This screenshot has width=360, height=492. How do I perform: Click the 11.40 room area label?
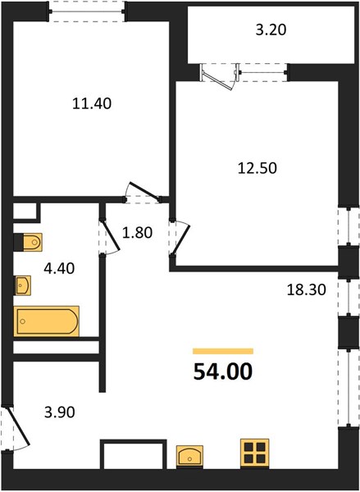92,103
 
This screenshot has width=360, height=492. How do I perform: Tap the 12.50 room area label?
257,168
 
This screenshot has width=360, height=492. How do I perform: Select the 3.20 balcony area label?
271,30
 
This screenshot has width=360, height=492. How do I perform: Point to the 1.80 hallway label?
137,233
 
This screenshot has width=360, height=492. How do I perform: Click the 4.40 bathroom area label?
59,268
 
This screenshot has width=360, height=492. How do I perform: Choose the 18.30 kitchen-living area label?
307,289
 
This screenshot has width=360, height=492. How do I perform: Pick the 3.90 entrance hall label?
60,412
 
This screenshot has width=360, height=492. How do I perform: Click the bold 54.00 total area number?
223,371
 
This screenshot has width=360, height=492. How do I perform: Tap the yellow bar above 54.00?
223,351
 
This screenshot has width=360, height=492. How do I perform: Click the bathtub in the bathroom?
46,321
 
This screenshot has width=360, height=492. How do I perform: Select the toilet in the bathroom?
28,242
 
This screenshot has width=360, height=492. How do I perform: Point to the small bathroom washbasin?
23,285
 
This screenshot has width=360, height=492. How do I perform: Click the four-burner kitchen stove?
254,453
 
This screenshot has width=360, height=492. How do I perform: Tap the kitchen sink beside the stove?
189,456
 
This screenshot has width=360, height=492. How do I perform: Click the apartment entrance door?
17,426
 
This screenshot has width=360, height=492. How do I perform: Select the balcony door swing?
218,77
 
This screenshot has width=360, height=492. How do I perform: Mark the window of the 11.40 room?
87,11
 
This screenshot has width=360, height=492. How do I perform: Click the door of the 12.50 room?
180,239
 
